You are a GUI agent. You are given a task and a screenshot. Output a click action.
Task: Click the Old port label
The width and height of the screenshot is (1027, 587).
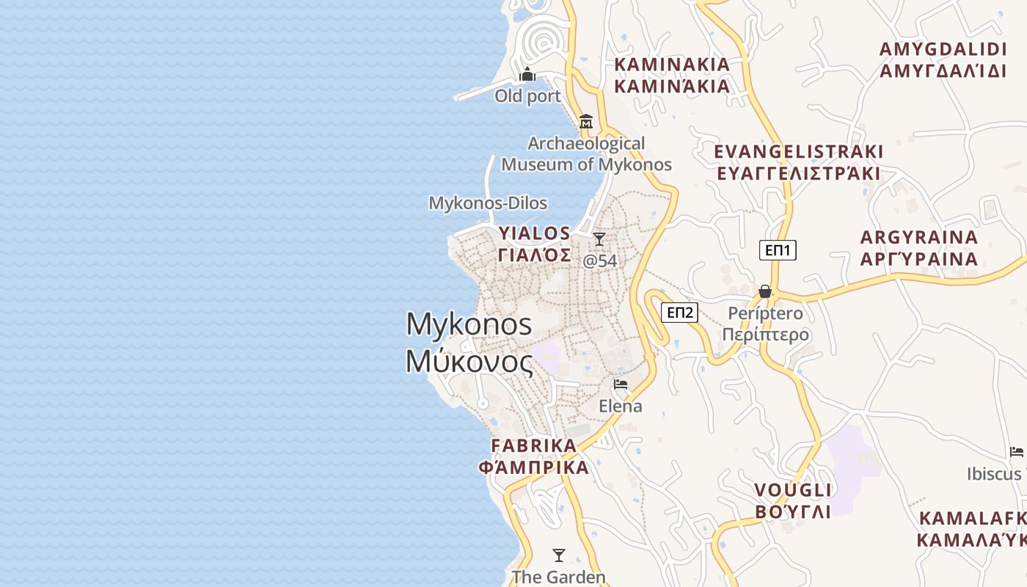coord(527,96)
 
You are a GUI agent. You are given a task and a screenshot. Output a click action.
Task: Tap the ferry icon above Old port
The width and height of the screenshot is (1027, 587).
coord(527,75)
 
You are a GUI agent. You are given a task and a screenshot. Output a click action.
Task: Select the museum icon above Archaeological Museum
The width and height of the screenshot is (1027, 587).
coord(586,121)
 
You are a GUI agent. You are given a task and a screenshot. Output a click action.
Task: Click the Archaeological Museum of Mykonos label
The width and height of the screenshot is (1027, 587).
coord(586,154)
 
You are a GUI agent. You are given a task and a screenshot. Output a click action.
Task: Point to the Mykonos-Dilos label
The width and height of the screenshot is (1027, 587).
coord(488,203)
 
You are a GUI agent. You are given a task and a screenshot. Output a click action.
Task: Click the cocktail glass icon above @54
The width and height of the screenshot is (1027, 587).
coord(599,239)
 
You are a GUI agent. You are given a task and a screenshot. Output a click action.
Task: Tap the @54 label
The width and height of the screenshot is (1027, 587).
coord(599,260)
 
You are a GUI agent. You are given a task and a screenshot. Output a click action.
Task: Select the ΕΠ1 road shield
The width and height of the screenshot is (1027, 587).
coord(778,250)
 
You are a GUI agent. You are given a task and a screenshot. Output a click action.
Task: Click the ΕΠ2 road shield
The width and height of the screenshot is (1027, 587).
coord(679,313)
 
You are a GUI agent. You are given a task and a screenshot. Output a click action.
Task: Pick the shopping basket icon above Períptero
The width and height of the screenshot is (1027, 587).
coord(765,291)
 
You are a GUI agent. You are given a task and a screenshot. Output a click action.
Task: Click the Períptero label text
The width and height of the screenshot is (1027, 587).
coord(765,313)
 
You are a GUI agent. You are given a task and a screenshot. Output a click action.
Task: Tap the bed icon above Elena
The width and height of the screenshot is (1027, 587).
coord(621,384)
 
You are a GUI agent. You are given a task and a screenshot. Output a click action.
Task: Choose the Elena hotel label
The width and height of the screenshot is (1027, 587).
coord(621,406)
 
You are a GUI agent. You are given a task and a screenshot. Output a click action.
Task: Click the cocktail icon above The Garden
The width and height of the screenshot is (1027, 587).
coord(559,555)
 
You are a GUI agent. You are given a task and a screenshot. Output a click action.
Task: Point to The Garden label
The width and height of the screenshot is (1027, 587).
coord(559,577)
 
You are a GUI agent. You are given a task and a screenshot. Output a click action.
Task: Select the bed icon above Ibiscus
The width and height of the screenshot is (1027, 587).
coord(1017,451)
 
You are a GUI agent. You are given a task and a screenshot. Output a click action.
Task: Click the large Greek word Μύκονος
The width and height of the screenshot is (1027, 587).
coord(469,361)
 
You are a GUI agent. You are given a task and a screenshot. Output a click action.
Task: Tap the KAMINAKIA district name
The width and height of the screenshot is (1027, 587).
coord(672,65)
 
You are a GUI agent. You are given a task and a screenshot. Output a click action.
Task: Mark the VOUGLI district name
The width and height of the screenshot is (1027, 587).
coord(793,490)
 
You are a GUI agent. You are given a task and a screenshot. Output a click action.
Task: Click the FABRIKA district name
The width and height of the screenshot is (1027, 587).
coord(534,445)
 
